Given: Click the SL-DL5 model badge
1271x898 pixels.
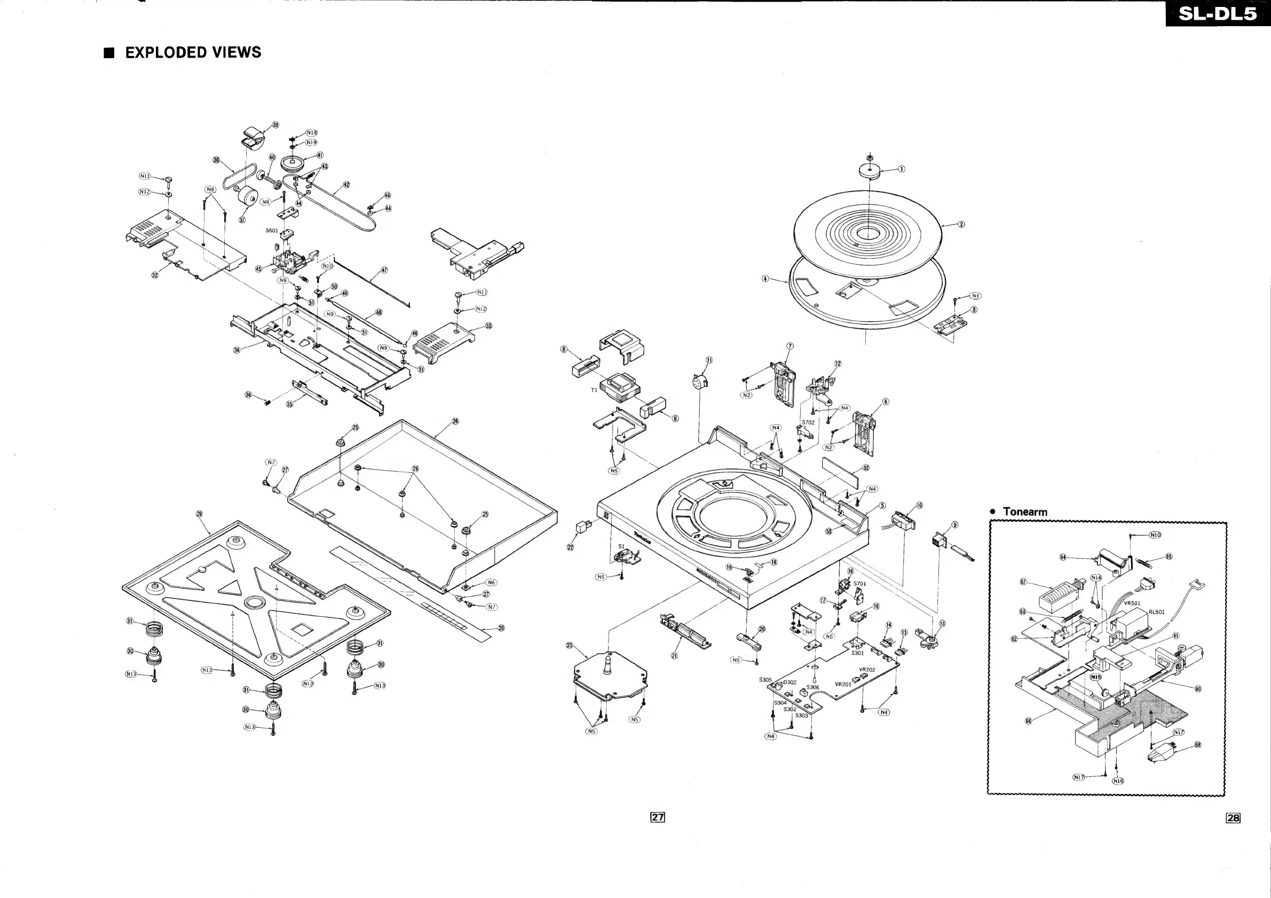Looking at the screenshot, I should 1217,13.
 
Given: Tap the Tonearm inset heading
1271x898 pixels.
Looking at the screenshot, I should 1025,512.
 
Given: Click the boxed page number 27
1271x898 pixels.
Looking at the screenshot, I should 657,817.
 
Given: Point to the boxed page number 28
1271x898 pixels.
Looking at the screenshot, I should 1233,818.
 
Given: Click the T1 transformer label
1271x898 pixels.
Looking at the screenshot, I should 594,390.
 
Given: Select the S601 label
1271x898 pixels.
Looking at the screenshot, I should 272,231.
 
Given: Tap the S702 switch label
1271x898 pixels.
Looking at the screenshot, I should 808,422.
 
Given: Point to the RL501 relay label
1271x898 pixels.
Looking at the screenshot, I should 1156,612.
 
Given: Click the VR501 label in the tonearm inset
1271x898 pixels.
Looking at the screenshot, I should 1132,603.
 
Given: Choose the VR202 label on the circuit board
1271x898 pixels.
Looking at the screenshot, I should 867,670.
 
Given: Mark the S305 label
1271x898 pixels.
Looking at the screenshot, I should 765,680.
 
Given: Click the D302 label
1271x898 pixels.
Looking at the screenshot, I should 790,682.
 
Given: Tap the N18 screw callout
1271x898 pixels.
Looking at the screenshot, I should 312,133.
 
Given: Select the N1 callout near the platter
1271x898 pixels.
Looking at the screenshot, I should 975,296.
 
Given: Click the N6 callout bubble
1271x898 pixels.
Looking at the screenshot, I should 491,583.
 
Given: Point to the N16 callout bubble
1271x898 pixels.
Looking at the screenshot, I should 1118,781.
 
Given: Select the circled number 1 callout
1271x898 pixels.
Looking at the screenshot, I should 901,169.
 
